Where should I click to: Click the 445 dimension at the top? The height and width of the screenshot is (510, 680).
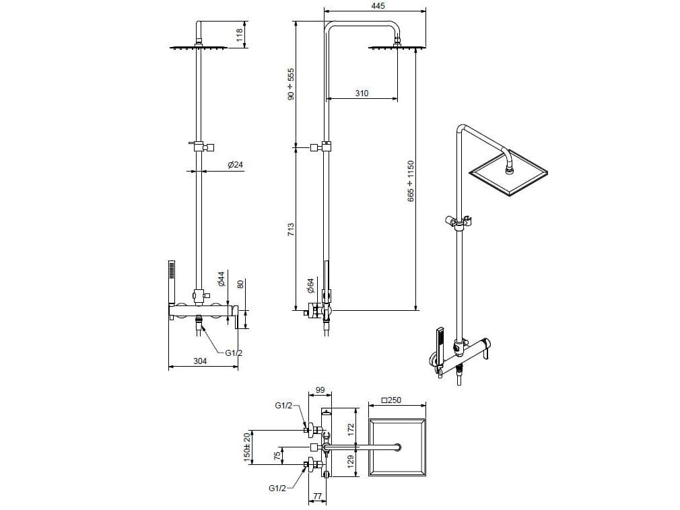(377, 6)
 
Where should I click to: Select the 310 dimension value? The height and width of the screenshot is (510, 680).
(362, 94)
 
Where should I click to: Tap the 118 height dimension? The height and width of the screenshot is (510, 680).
(239, 35)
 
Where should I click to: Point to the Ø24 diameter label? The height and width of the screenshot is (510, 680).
(235, 165)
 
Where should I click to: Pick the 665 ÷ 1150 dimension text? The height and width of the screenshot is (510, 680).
(411, 182)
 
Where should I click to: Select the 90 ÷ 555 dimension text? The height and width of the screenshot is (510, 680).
(291, 83)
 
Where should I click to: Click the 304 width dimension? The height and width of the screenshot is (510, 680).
(200, 361)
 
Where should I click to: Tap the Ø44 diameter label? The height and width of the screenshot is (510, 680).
(221, 279)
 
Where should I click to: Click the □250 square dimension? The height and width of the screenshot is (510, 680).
(391, 400)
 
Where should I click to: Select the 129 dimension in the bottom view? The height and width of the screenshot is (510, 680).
(349, 462)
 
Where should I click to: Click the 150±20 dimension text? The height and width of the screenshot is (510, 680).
(247, 446)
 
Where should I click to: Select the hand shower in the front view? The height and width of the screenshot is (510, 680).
(172, 283)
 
